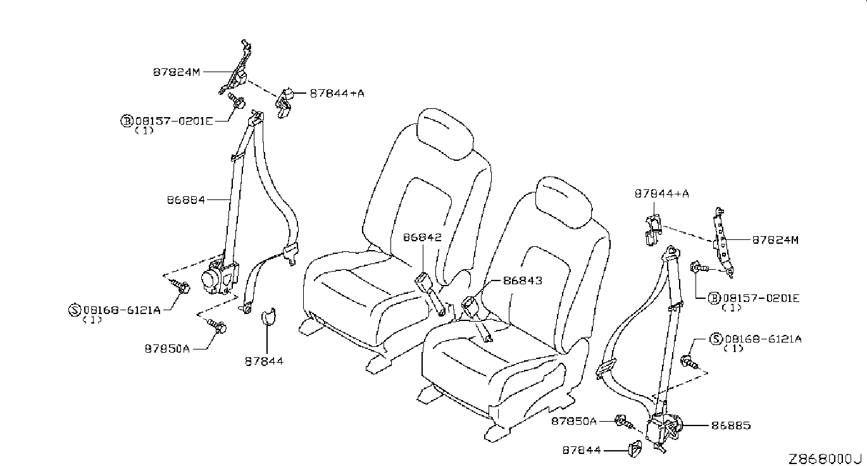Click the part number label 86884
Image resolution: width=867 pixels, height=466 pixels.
185,199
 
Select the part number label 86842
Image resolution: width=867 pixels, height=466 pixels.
421,237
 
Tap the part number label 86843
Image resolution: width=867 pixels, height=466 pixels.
522,280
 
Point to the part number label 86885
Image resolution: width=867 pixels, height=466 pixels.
731,425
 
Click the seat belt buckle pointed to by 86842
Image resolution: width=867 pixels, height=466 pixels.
423,280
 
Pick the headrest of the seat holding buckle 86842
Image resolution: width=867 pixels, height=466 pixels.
445,131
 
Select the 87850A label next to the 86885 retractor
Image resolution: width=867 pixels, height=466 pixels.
573,420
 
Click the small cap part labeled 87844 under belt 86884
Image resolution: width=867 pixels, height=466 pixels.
268,315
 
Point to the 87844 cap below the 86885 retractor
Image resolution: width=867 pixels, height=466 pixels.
633,450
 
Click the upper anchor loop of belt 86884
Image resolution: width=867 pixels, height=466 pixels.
256,118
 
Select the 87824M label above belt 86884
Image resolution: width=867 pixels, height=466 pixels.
176,72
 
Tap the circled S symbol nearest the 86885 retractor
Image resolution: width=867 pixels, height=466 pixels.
716,339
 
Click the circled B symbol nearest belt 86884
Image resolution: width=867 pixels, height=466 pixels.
127,120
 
